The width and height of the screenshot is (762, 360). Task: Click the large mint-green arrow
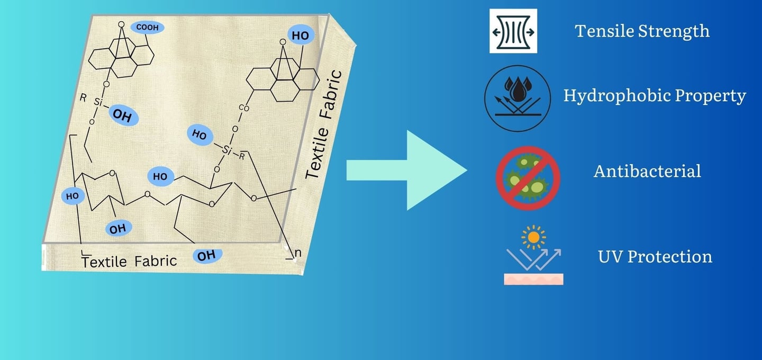coord(407,171)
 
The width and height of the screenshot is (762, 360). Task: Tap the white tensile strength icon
coord(513,31)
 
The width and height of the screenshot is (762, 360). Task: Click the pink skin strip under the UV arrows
coord(533,279)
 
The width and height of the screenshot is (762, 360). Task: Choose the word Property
coord(712,96)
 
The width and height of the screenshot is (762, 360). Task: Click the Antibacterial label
coord(647,171)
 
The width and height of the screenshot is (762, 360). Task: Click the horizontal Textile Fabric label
coord(129,261)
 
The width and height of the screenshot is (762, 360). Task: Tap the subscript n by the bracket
coord(297,253)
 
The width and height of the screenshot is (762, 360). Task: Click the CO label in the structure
coord(244,108)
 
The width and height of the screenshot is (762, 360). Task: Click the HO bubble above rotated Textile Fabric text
coord(301,35)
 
